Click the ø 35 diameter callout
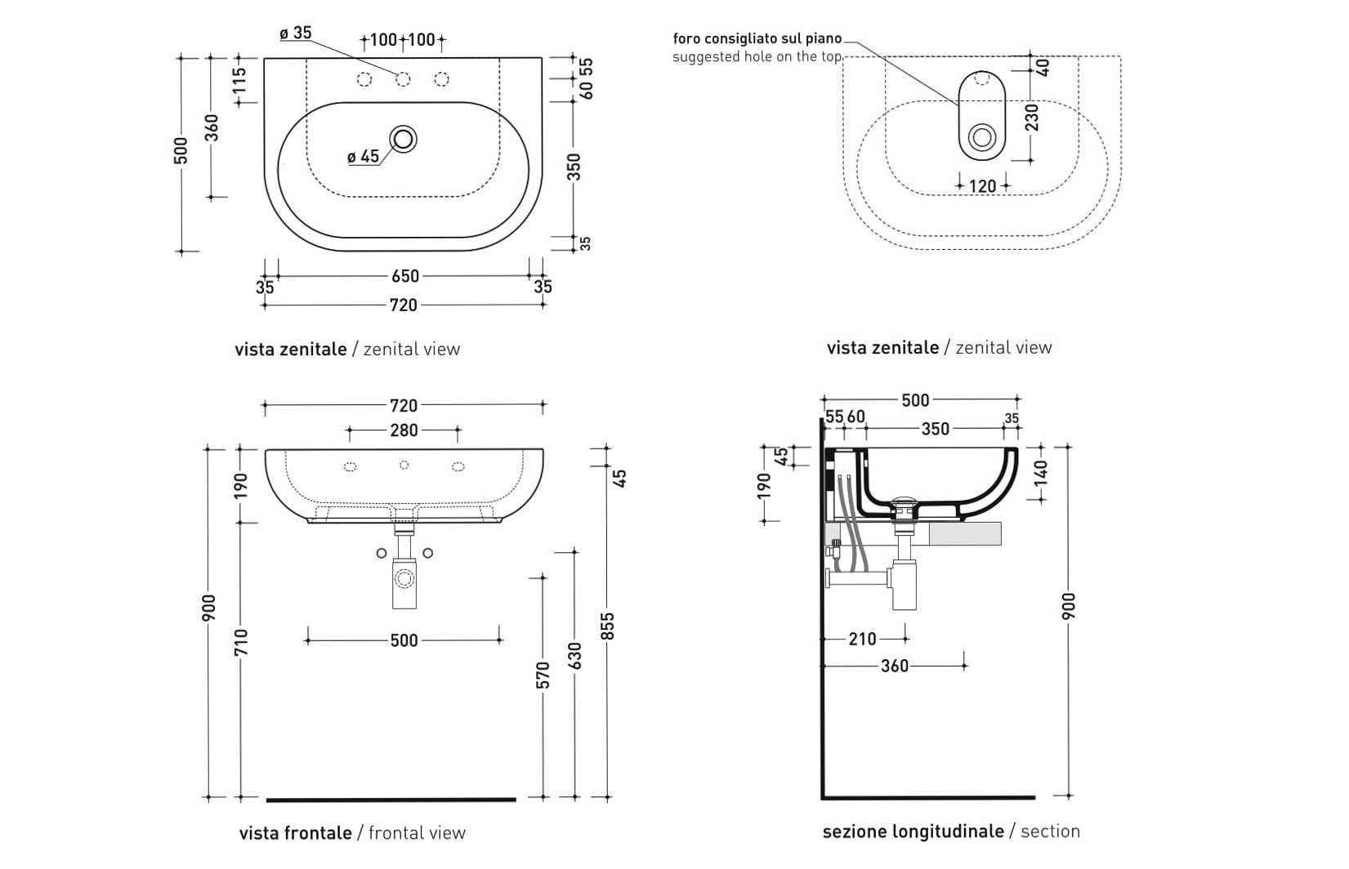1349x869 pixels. (296, 33)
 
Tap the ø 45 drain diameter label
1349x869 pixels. (363, 157)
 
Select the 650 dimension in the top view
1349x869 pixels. (404, 275)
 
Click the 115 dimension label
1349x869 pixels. (239, 80)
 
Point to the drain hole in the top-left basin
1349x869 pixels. (403, 139)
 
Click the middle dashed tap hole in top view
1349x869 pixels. (403, 79)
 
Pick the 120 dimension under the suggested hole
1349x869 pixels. (982, 186)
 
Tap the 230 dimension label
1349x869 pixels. (1032, 118)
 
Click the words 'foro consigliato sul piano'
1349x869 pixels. (757, 38)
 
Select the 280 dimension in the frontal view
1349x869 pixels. (404, 430)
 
